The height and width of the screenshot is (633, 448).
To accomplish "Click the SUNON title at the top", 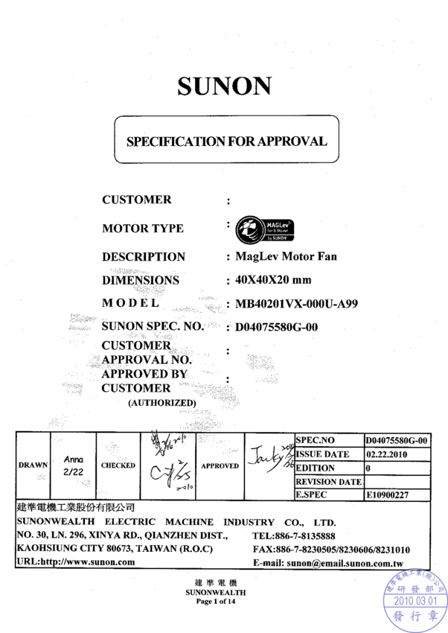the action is [224, 86].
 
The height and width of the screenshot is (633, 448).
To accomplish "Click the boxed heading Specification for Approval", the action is [226, 141].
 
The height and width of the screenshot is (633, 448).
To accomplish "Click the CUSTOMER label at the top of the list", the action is [137, 200].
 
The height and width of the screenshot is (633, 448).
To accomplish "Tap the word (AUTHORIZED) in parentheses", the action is [161, 403].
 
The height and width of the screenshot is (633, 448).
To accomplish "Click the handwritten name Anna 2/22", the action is [73, 466].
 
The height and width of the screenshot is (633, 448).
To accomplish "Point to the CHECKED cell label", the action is [118, 465].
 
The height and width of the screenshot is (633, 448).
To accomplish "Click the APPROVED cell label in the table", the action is [220, 465].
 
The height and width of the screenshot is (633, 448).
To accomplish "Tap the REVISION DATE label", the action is [328, 481].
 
